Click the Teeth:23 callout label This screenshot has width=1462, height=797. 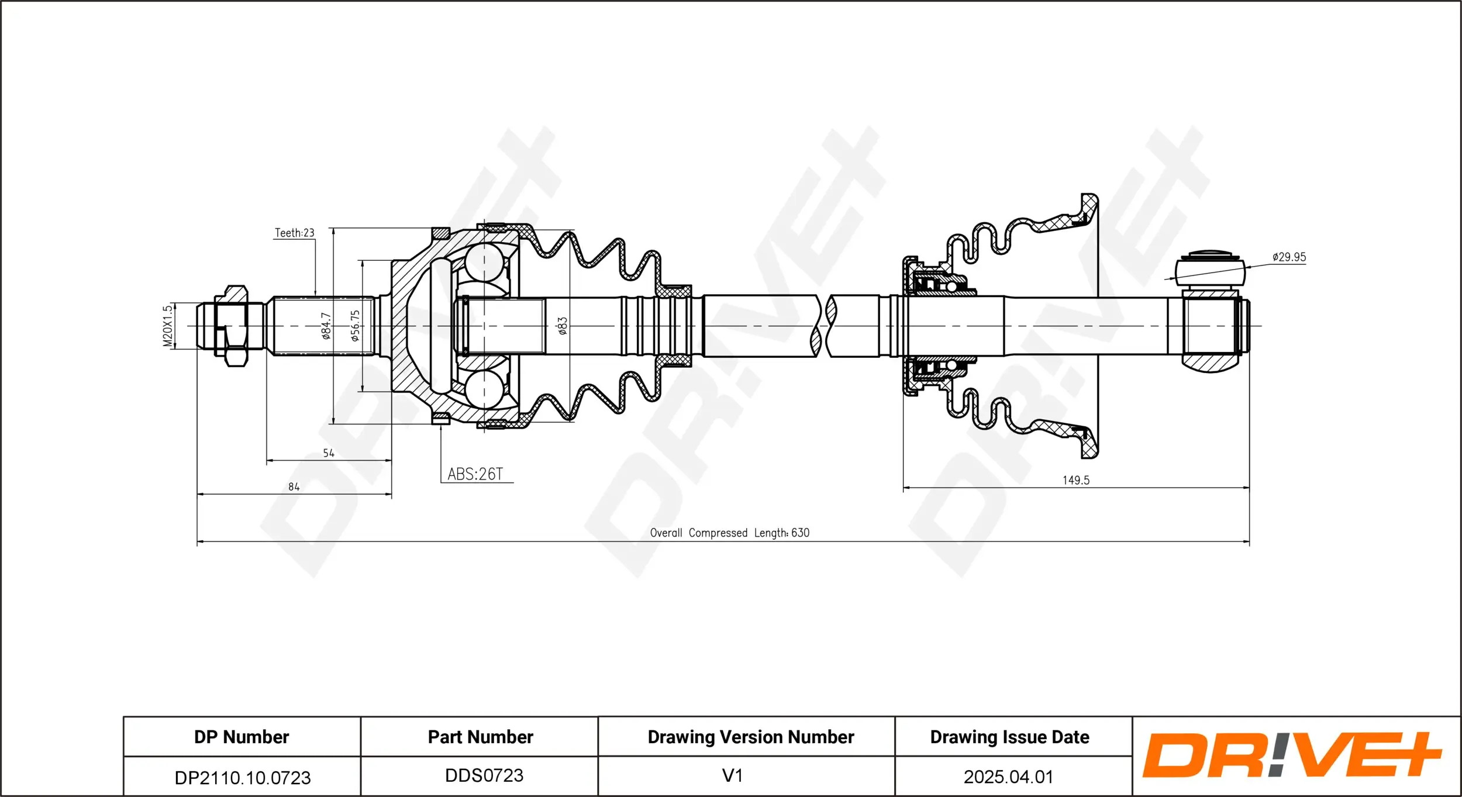pyautogui.click(x=295, y=233)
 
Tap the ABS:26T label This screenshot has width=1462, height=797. pyautogui.click(x=475, y=474)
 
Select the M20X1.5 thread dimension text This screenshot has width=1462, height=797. pyautogui.click(x=168, y=326)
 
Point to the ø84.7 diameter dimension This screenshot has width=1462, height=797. pyautogui.click(x=326, y=326)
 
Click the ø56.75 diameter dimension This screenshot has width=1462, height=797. pyautogui.click(x=355, y=326)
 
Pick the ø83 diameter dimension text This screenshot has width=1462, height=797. pyautogui.click(x=563, y=326)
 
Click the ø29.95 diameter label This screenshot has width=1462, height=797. pyautogui.click(x=1289, y=257)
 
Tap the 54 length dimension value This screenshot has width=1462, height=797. pyautogui.click(x=329, y=453)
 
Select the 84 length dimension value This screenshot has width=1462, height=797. pyautogui.click(x=294, y=487)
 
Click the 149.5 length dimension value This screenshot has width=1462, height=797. pyautogui.click(x=1076, y=481)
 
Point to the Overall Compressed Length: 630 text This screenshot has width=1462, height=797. pyautogui.click(x=730, y=533)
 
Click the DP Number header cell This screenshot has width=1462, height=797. pyautogui.click(x=242, y=737)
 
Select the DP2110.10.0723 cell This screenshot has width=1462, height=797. pyautogui.click(x=243, y=778)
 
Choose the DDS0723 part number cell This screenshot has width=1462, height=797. pyautogui.click(x=484, y=775)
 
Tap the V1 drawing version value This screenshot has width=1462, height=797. pyautogui.click(x=732, y=775)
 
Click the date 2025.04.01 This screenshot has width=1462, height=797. pyautogui.click(x=1009, y=777)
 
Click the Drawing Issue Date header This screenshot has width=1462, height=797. pyautogui.click(x=1010, y=737)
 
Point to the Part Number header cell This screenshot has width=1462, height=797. pyautogui.click(x=480, y=737)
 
